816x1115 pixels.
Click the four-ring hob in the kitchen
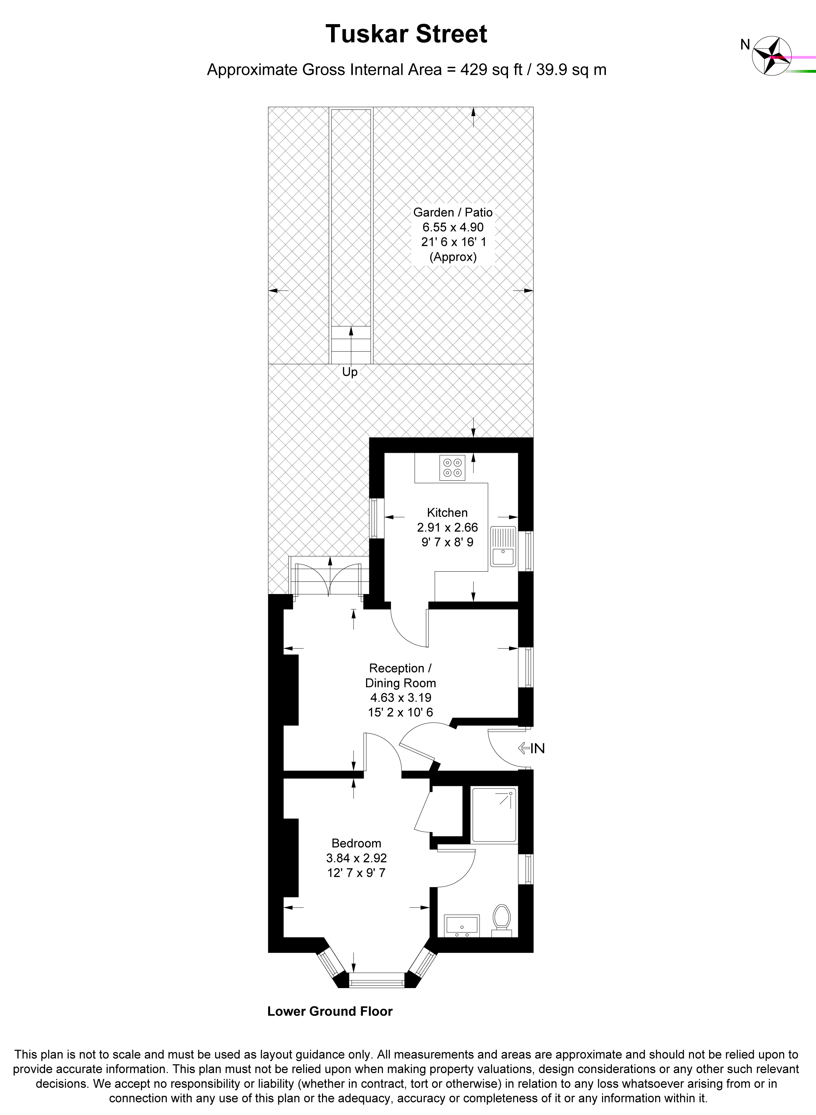(452, 467)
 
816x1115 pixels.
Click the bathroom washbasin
(462, 925)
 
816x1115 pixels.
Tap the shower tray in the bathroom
(494, 815)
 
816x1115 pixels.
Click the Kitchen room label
(447, 512)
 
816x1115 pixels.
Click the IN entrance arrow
(531, 749)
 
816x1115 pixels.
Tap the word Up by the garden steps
(350, 372)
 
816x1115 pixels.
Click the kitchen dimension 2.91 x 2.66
(448, 528)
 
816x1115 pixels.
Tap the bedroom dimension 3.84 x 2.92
(356, 858)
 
